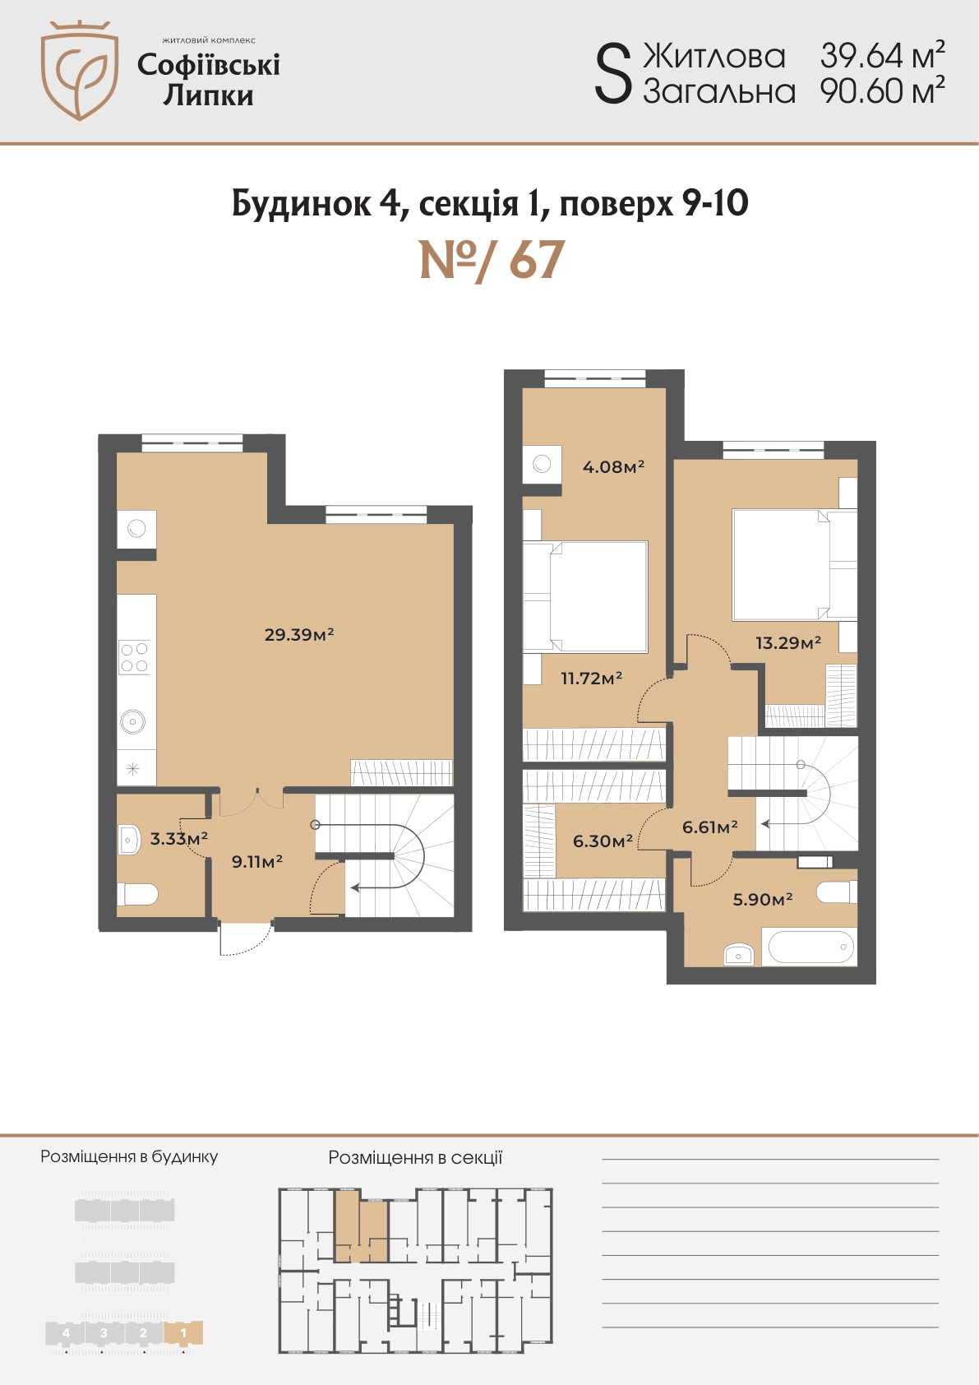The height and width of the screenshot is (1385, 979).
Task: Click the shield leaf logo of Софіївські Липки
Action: pos(79,70)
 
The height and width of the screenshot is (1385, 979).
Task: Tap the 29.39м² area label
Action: pos(299,634)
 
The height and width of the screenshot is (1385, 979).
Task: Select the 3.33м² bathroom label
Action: pos(178,838)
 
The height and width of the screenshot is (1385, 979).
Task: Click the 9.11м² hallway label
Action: pos(257,860)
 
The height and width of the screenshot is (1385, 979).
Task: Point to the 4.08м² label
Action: pos(613,466)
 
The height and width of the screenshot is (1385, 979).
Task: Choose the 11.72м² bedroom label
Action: pos(592,679)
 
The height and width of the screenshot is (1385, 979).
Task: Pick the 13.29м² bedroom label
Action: pos(788,643)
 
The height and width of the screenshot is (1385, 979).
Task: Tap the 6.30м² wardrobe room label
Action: pos(603,841)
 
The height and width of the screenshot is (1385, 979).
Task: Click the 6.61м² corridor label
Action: pos(709,827)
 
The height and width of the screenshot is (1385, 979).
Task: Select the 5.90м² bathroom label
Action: pos(763,899)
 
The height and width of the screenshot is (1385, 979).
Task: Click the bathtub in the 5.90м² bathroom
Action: pos(810,947)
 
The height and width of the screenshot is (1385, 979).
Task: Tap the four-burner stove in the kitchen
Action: pos(134,656)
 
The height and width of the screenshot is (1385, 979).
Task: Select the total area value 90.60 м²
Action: pos(882,90)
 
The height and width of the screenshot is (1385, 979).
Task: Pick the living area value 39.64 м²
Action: pos(882,55)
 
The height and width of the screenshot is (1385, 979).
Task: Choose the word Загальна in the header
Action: pos(718,91)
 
